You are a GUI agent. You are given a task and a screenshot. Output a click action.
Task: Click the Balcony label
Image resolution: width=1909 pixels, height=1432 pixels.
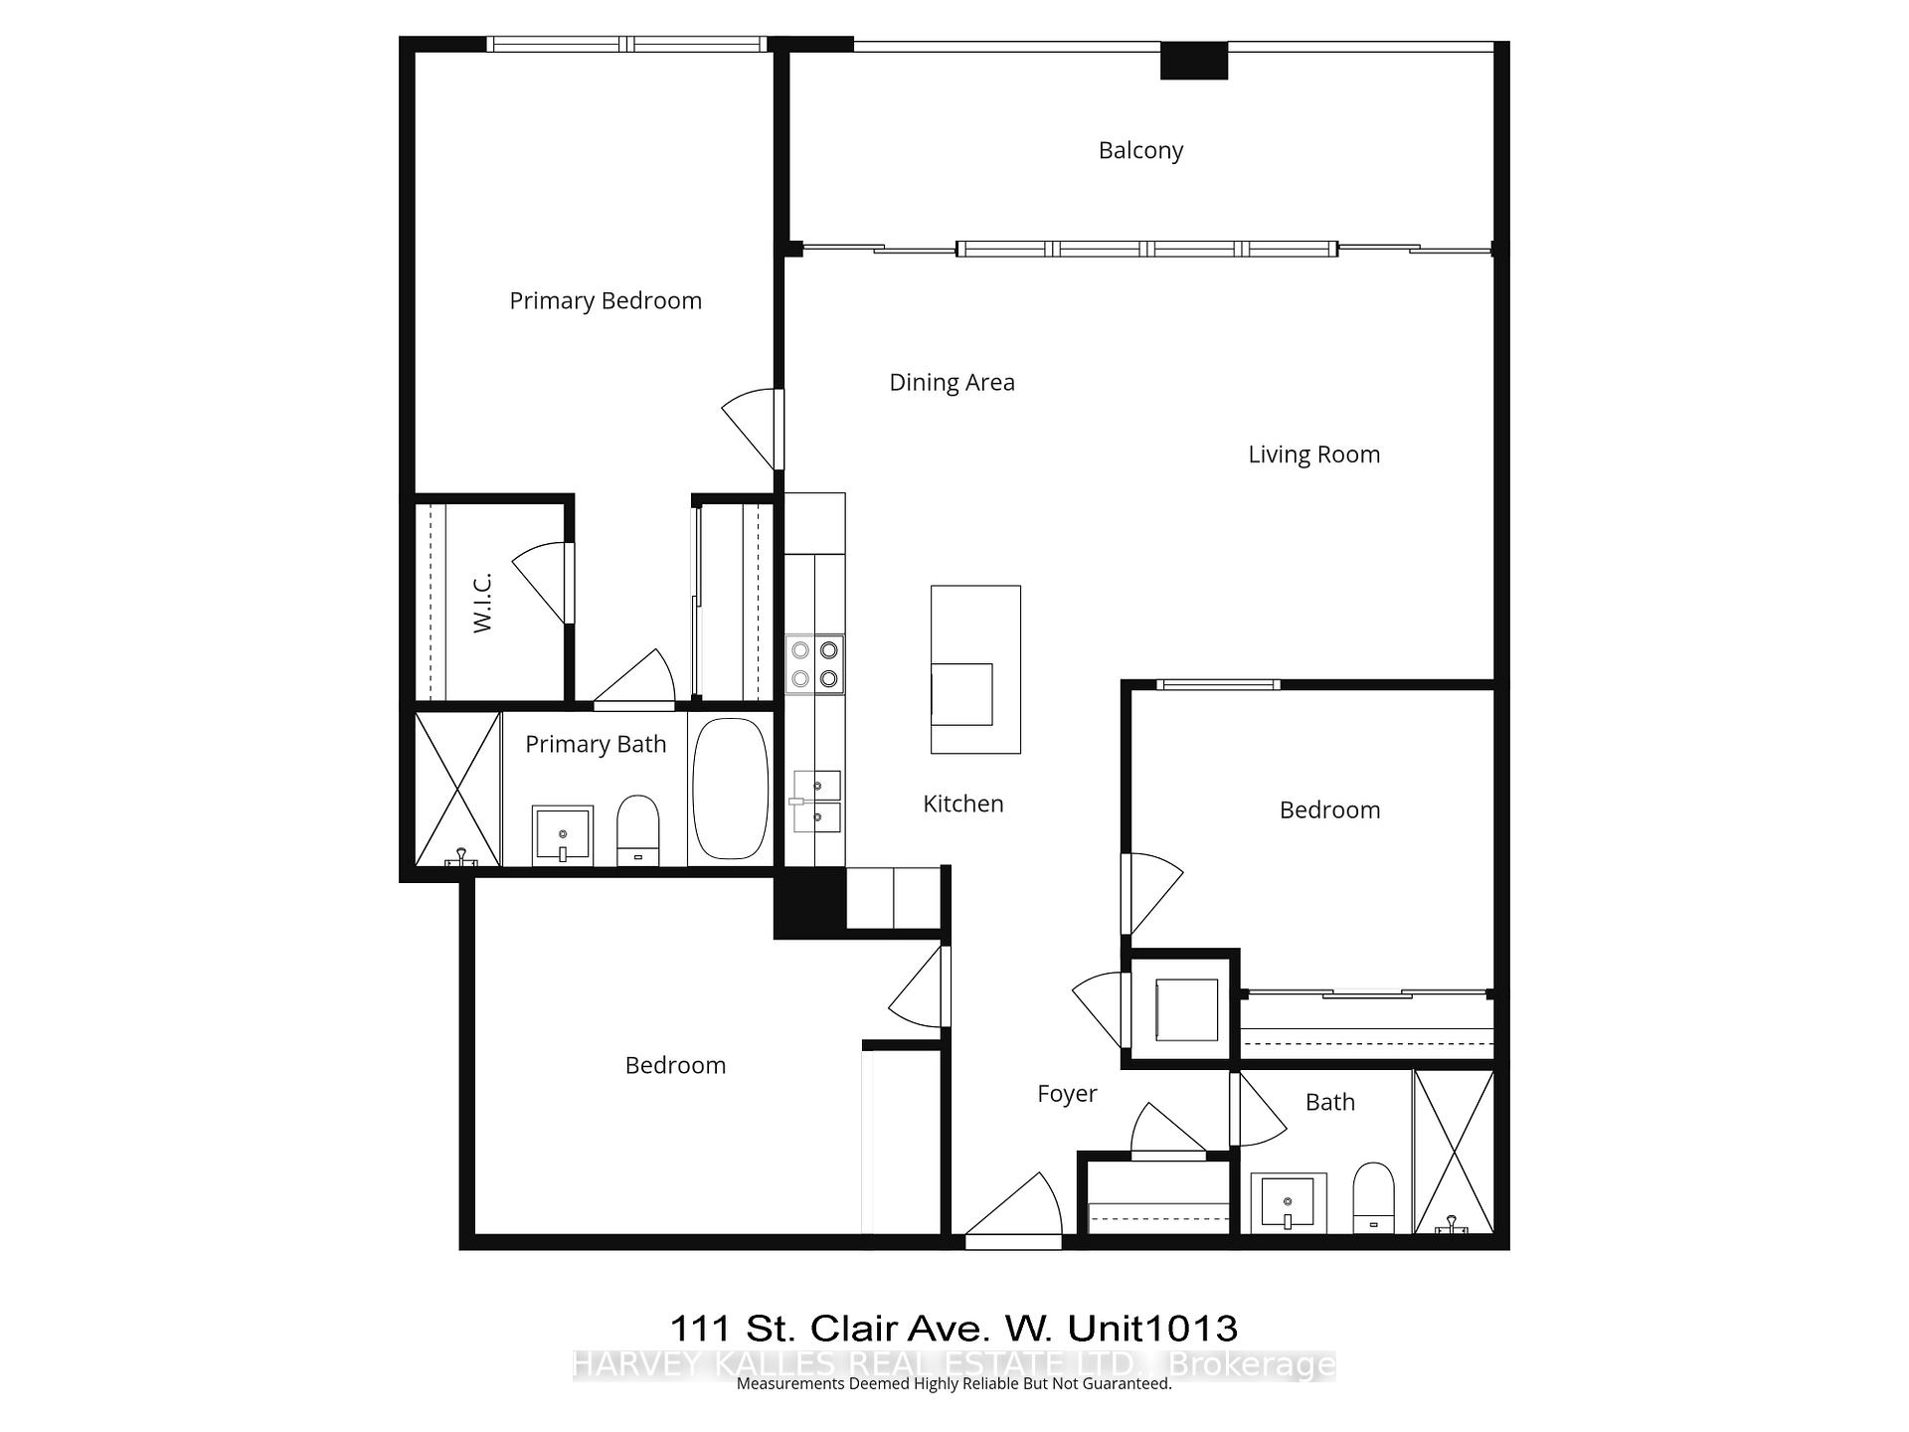click(1140, 150)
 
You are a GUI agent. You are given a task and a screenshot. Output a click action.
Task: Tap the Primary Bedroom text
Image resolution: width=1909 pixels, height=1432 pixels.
click(606, 300)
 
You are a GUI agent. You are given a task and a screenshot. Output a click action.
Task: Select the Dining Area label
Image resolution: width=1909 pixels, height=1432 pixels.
click(952, 382)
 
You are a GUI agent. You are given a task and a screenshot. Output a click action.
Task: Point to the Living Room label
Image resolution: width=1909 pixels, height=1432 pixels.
click(1313, 454)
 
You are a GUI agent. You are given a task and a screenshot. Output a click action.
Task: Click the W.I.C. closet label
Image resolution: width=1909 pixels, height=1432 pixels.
click(482, 604)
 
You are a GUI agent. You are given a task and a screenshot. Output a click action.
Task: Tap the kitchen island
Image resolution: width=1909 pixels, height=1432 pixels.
click(975, 668)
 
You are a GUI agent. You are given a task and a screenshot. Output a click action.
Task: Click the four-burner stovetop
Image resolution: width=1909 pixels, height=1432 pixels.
click(815, 664)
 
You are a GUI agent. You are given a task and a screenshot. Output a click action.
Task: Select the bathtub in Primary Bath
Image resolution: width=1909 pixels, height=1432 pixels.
click(730, 789)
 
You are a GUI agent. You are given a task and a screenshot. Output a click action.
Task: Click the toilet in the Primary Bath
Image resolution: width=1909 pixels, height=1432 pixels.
click(638, 828)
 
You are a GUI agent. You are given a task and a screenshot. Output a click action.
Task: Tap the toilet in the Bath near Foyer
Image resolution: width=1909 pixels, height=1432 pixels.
click(1374, 1196)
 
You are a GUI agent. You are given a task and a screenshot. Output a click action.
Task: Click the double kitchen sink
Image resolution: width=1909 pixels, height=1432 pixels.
click(817, 802)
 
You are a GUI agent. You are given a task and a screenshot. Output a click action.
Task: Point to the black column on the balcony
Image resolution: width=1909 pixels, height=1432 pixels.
click(1194, 62)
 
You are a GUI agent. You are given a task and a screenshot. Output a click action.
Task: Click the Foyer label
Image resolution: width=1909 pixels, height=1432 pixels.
click(1067, 1094)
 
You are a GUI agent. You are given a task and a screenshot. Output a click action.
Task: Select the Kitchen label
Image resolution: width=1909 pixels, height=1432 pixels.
click(962, 804)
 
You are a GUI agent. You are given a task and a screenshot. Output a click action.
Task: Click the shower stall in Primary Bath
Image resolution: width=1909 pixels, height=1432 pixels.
click(456, 789)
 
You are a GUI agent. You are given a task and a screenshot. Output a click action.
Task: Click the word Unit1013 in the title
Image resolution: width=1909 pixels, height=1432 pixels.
click(1152, 1328)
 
